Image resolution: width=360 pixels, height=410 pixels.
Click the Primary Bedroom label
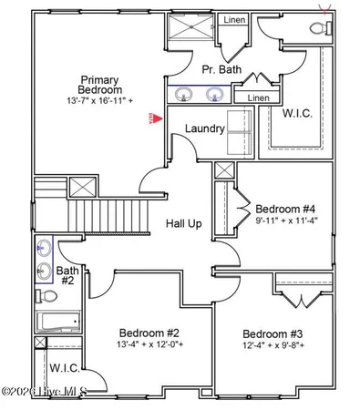100,86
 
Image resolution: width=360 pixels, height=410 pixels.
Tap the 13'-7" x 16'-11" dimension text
101,99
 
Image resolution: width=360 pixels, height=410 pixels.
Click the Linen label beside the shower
235,19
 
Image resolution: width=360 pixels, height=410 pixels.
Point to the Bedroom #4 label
285,209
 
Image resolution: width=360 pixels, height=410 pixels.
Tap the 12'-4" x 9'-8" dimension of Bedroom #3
273,346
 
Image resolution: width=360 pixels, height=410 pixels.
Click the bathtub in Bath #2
57,322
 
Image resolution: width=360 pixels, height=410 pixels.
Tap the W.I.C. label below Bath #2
64,369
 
